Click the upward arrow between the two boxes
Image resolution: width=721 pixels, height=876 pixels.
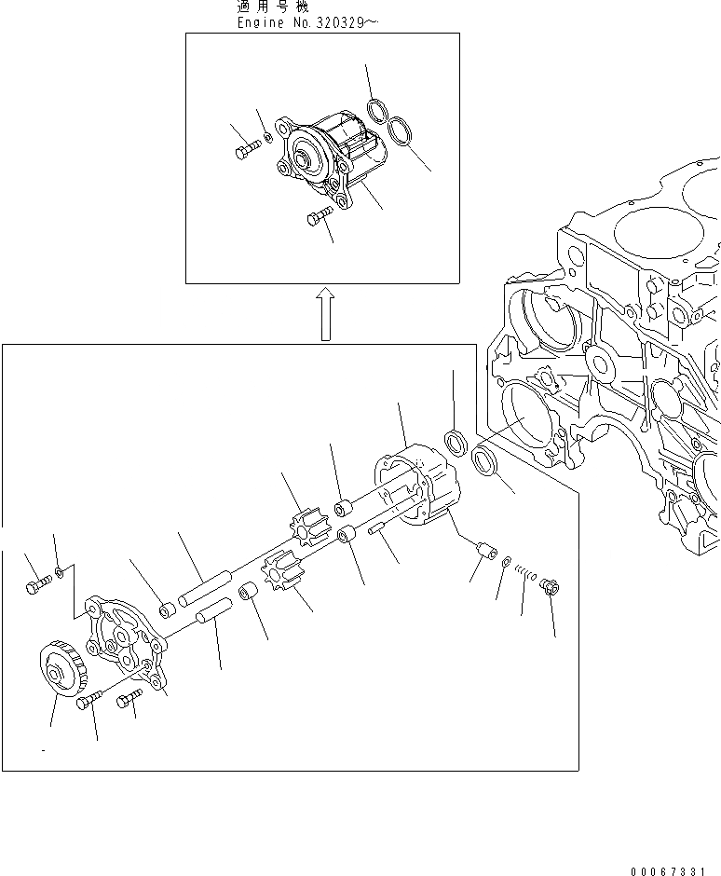(323, 313)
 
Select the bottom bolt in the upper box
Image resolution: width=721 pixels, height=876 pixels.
(318, 218)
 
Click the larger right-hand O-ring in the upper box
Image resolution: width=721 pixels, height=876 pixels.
(401, 131)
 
